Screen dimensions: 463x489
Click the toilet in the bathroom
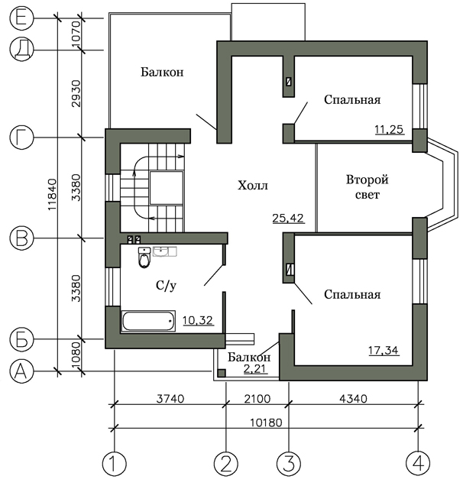click(144, 257)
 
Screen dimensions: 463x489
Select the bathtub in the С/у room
click(148, 321)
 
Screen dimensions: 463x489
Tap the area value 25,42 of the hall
click(288, 218)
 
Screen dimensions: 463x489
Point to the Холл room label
click(253, 185)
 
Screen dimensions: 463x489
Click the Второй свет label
click(367, 187)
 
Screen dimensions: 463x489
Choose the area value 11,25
click(389, 129)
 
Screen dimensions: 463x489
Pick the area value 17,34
click(384, 350)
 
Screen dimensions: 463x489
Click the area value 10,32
click(198, 320)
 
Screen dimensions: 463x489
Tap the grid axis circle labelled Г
click(21, 138)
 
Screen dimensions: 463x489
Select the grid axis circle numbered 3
click(289, 463)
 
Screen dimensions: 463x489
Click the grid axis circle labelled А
click(21, 371)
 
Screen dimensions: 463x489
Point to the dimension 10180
click(266, 423)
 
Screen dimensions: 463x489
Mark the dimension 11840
click(52, 194)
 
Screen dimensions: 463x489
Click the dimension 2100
click(257, 399)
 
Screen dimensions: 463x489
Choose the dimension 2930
click(76, 93)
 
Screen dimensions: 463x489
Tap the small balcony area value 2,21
click(255, 368)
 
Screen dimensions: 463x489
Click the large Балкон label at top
click(162, 72)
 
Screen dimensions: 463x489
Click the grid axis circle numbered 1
click(114, 463)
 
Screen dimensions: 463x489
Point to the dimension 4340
click(353, 399)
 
